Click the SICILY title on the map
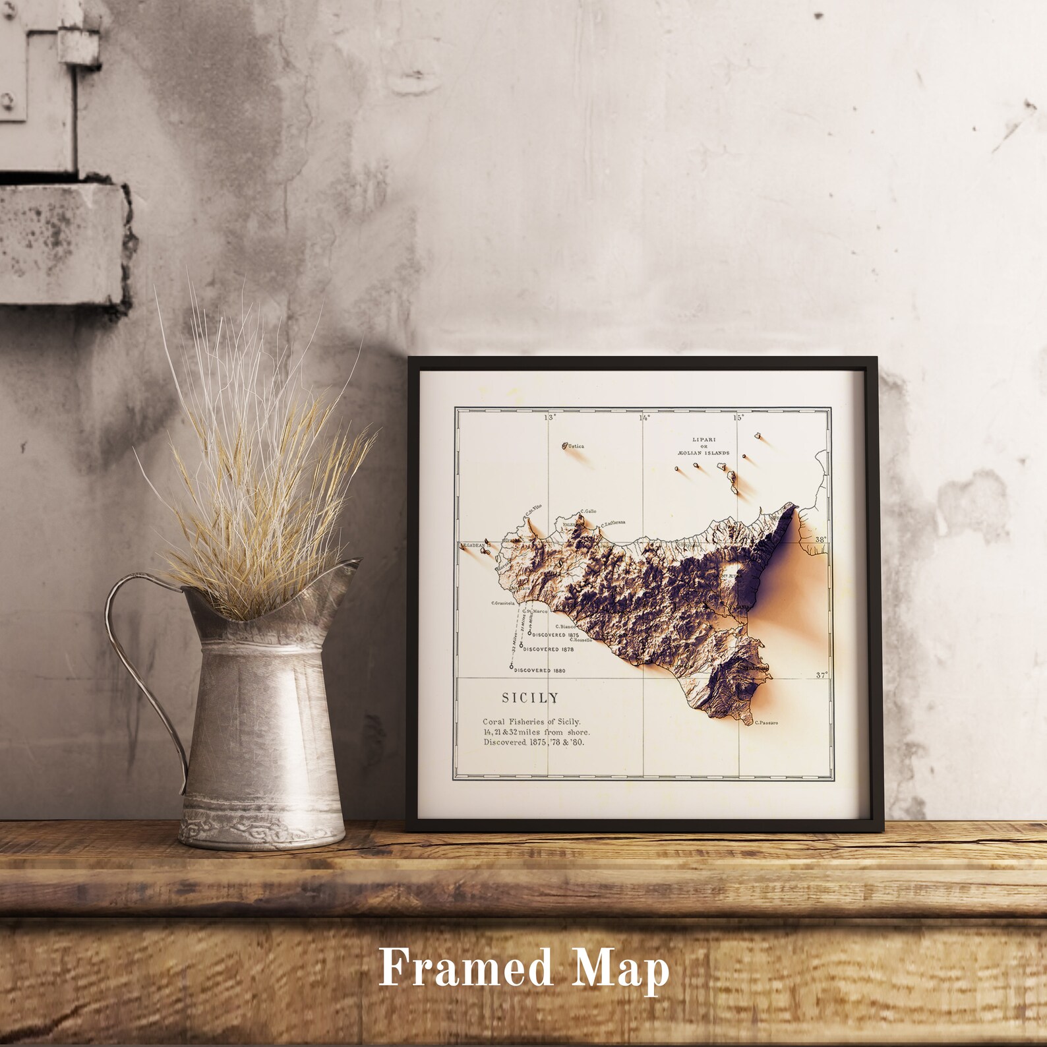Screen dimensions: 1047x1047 tap(529, 698)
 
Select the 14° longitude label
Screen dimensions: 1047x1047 tap(643, 417)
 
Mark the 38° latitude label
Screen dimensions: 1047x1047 tap(820, 539)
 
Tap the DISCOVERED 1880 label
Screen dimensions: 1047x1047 tap(543, 671)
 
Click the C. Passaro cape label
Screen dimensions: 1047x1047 tap(766, 723)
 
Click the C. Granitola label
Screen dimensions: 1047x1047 tap(503, 603)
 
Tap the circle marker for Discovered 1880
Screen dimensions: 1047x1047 tap(512, 667)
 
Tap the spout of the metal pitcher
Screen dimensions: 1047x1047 tap(348, 566)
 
